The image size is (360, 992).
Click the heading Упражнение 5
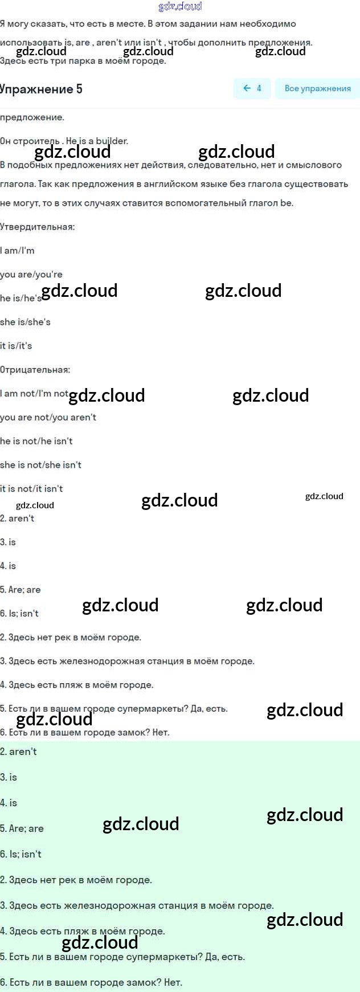pyautogui.click(x=41, y=89)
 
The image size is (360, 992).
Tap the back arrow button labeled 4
pyautogui.click(x=252, y=88)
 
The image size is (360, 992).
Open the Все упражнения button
pyautogui.click(x=317, y=88)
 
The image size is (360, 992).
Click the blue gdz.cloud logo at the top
pyautogui.click(x=180, y=6)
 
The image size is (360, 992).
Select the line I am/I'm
pyautogui.click(x=17, y=251)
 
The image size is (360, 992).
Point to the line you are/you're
pyautogui.click(x=31, y=275)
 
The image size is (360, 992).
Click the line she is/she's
pyautogui.click(x=25, y=322)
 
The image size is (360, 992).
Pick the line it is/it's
pyautogui.click(x=16, y=346)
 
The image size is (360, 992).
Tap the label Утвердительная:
pyautogui.click(x=37, y=227)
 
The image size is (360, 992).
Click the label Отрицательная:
pyautogui.click(x=35, y=370)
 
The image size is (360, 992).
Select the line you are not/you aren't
pyautogui.click(x=48, y=418)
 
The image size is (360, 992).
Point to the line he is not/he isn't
pyautogui.click(x=36, y=441)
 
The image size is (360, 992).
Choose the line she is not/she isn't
pyautogui.click(x=40, y=465)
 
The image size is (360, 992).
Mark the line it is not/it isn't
pyautogui.click(x=31, y=489)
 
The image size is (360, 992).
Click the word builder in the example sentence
pyautogui.click(x=112, y=141)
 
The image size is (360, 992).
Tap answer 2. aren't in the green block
pyautogui.click(x=18, y=752)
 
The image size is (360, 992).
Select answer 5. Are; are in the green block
pyautogui.click(x=22, y=828)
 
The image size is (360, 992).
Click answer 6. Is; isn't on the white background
pyautogui.click(x=19, y=614)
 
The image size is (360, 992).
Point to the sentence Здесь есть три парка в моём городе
pyautogui.click(x=83, y=61)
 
